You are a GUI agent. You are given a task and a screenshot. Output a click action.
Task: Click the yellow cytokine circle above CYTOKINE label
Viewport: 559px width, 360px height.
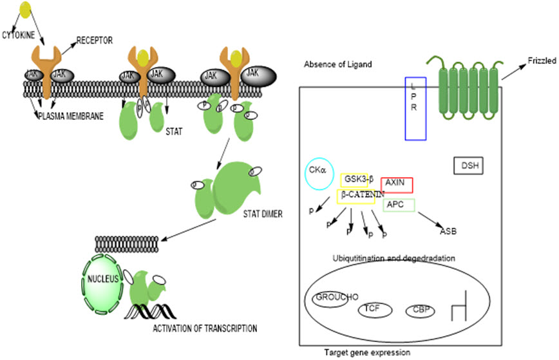tap(24, 9)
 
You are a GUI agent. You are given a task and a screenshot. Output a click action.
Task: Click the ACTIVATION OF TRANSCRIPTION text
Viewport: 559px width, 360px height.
tap(205, 328)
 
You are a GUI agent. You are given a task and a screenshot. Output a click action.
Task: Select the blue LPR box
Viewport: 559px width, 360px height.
tap(415, 108)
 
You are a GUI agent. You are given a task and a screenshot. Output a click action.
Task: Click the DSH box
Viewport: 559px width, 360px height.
tap(468, 166)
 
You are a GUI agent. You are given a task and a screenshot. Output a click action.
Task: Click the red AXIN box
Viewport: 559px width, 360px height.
tap(397, 184)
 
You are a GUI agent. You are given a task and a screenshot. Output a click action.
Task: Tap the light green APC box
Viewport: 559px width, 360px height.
tap(399, 205)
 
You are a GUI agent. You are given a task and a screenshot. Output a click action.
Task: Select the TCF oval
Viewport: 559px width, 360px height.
tap(371, 309)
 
